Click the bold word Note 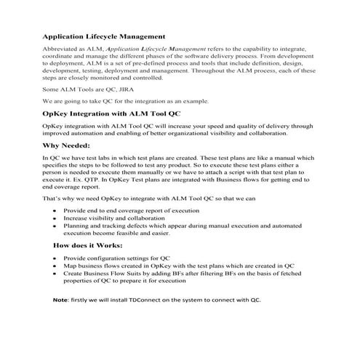[x=60, y=300]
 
